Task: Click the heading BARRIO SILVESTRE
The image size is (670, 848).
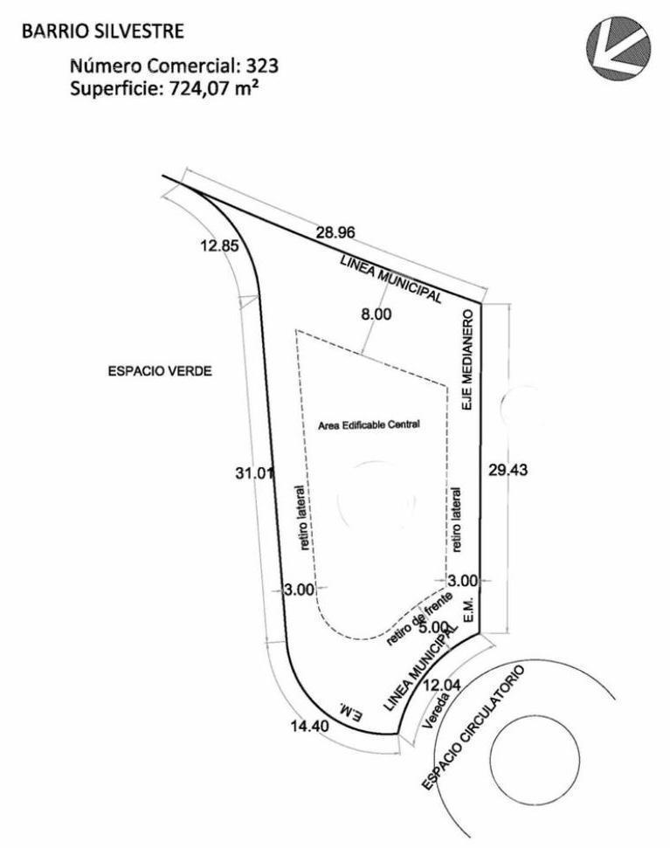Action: tap(103, 31)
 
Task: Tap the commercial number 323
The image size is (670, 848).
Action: tap(262, 65)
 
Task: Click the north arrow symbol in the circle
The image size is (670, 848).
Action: tap(618, 47)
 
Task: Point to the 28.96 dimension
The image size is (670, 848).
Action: tap(335, 232)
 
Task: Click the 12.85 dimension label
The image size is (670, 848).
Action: tap(219, 246)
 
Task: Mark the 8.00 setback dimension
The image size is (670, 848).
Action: tap(376, 314)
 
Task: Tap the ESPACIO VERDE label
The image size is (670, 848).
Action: tap(160, 371)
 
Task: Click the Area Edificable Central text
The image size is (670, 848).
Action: tap(369, 424)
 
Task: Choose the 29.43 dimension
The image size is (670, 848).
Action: tap(508, 470)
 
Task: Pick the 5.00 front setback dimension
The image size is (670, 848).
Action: tap(433, 627)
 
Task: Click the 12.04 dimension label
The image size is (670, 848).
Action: tap(442, 686)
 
